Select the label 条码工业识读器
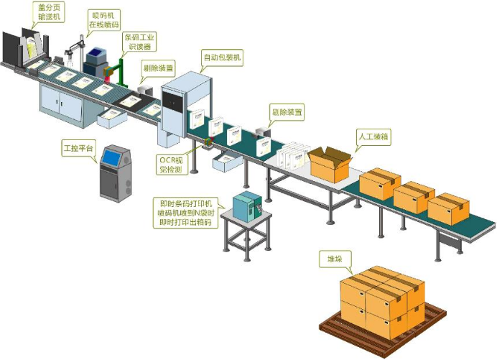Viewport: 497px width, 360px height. (139, 41)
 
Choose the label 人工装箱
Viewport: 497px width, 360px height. (373, 134)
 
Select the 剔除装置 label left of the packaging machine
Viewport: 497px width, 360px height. (158, 70)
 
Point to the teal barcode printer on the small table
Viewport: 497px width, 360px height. (249, 206)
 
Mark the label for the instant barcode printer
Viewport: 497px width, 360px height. (185, 213)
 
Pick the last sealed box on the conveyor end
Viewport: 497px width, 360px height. (448, 208)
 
